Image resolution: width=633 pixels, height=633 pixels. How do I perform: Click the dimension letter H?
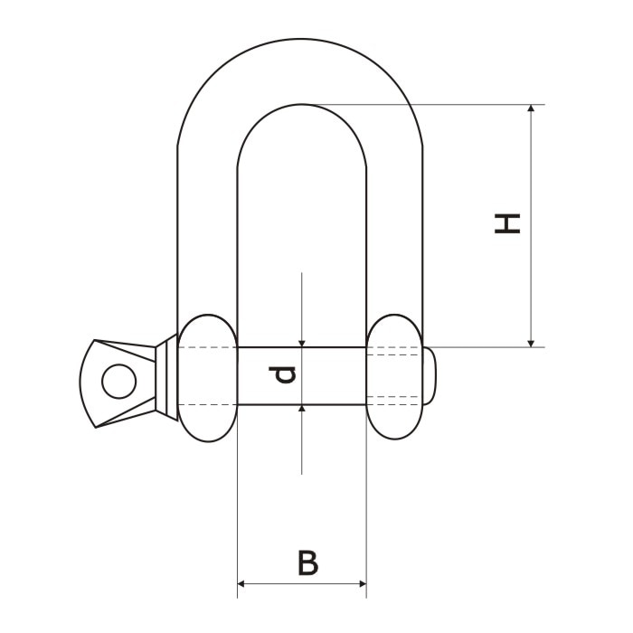click(x=508, y=223)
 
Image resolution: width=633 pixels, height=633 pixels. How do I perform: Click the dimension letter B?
click(x=307, y=562)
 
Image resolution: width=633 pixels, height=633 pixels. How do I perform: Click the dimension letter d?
click(x=286, y=374)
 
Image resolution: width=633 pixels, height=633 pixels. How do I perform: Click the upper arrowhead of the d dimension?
click(x=302, y=341)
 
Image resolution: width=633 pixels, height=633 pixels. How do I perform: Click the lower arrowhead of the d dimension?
click(x=302, y=410)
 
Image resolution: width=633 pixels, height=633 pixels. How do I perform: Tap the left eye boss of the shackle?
click(x=207, y=377)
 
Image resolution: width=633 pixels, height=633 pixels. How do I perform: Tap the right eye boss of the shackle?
click(x=395, y=377)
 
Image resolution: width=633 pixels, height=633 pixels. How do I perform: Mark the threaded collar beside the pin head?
click(x=165, y=374)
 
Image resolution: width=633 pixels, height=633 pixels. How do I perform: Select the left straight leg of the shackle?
click(x=207, y=235)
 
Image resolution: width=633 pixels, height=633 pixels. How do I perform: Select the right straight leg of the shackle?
click(x=395, y=235)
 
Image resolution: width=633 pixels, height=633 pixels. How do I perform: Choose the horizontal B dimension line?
click(x=271, y=583)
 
